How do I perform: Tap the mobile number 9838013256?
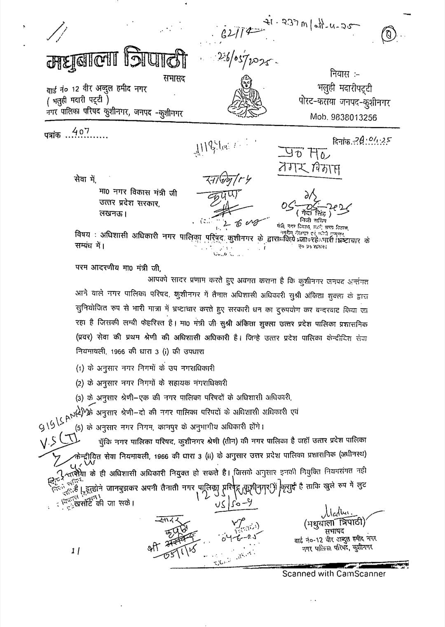[x=343, y=117]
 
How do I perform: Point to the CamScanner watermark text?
[x=334, y=573]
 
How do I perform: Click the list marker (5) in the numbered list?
[x=81, y=426]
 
